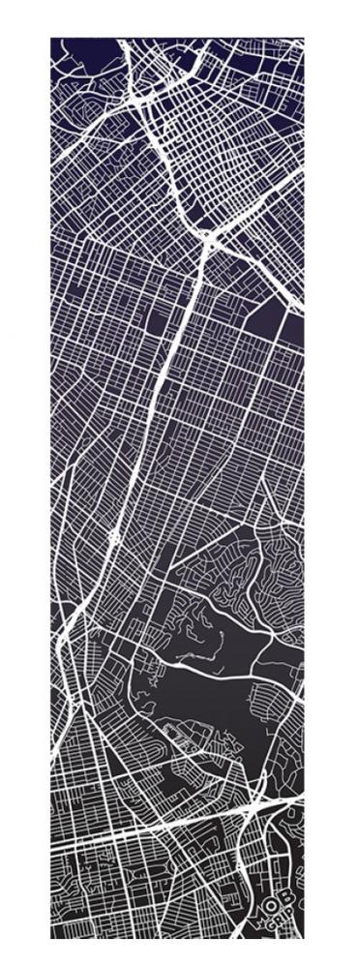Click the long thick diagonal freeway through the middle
tap(165, 387)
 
